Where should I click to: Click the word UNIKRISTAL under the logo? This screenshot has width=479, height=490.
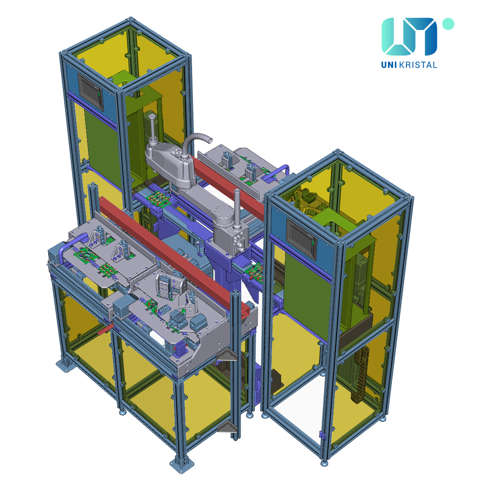(x=409, y=65)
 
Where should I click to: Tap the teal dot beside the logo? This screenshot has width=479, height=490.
(x=448, y=24)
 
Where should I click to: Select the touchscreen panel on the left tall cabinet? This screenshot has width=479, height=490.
(x=90, y=92)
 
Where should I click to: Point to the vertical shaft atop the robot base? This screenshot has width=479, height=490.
(x=152, y=128)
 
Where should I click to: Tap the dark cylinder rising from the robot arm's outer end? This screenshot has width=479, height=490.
(x=237, y=206)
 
